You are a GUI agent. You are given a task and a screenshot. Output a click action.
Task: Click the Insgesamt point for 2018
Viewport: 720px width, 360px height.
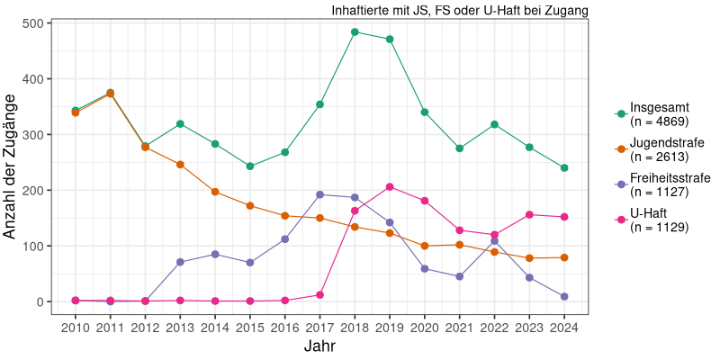(x=355, y=31)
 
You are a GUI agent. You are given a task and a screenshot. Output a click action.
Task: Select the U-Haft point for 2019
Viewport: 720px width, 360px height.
(x=390, y=187)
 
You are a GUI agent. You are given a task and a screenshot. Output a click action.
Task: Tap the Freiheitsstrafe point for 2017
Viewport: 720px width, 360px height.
(x=319, y=194)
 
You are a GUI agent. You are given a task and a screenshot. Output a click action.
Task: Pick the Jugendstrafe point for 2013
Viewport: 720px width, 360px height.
(x=180, y=165)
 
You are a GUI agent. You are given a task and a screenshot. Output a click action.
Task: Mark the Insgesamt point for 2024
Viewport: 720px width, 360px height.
(x=564, y=168)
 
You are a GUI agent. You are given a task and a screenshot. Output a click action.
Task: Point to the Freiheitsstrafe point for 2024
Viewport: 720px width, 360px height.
(x=564, y=297)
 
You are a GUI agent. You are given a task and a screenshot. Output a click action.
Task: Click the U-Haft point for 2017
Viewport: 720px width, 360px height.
(x=319, y=295)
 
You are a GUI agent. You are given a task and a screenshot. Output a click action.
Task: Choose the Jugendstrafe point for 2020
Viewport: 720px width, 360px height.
(x=425, y=246)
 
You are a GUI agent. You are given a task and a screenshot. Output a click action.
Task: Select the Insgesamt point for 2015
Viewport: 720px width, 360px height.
(x=250, y=166)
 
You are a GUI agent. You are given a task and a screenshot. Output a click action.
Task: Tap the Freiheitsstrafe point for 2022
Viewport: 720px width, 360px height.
(x=494, y=241)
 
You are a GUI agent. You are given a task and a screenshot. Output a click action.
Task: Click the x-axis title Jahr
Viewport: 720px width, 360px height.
(x=319, y=346)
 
